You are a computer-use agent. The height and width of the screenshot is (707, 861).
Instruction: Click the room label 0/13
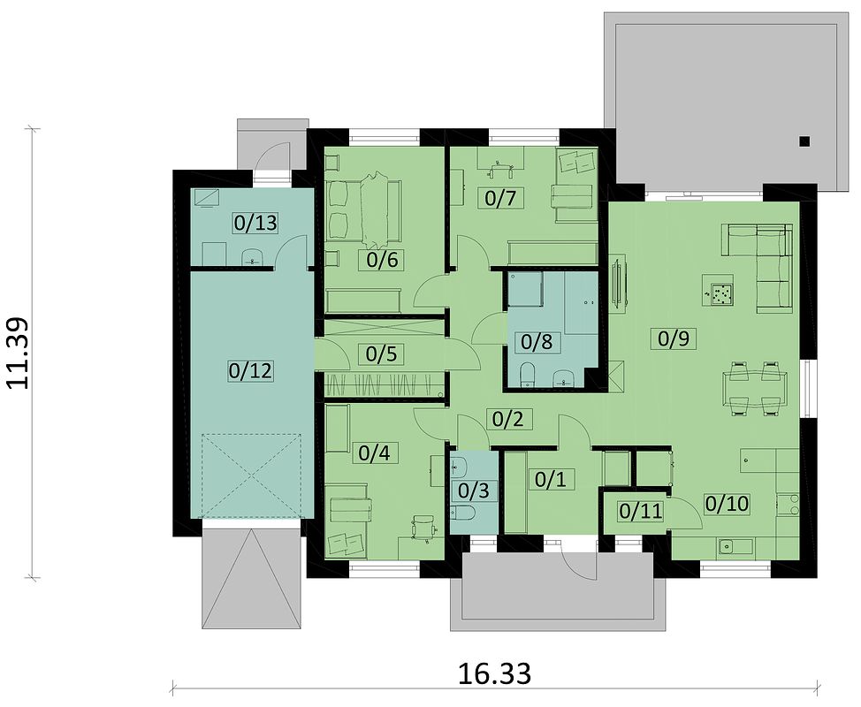[255, 223]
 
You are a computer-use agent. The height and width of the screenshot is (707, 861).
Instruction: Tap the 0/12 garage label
[250, 371]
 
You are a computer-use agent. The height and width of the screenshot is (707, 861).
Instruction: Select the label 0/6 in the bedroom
[382, 260]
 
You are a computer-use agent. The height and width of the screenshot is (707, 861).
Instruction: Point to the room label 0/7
[501, 197]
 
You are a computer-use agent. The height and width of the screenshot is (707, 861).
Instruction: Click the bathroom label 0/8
[537, 341]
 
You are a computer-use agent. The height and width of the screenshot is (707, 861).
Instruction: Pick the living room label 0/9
[673, 338]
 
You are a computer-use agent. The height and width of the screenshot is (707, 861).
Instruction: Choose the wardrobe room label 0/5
[381, 354]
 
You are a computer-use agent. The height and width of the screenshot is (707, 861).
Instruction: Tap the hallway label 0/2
[508, 419]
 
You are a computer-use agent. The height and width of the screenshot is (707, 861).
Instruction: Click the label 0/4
[374, 452]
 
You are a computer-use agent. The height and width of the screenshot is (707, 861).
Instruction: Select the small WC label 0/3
[473, 490]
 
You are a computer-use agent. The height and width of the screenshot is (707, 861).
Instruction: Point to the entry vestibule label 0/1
[550, 479]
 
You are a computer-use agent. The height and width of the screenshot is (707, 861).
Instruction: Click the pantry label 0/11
[641, 511]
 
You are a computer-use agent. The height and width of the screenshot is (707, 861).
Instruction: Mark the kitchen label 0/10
[727, 504]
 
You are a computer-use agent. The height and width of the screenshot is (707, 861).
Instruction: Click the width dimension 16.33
[495, 673]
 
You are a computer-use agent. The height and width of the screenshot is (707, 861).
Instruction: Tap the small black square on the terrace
[804, 141]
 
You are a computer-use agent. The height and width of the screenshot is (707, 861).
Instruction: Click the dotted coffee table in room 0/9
[720, 295]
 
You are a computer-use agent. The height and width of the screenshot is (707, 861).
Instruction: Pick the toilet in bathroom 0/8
[527, 375]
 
